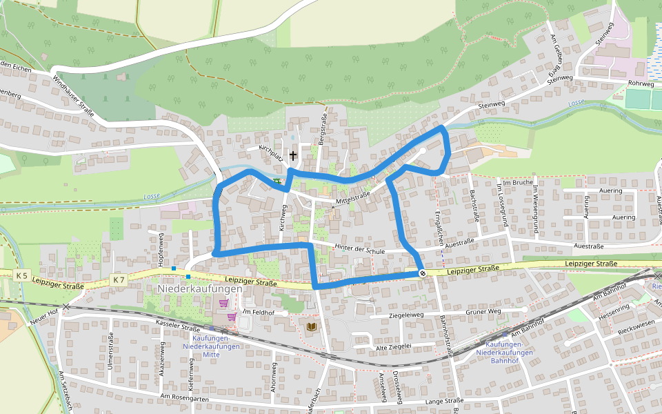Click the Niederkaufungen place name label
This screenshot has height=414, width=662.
(x=200, y=289)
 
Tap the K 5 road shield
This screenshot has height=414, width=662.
(x=21, y=276)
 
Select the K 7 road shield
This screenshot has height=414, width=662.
(x=119, y=279)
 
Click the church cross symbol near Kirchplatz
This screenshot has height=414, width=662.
(x=293, y=155)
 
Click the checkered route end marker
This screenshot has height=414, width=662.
(x=422, y=273)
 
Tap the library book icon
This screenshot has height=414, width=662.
(x=312, y=326)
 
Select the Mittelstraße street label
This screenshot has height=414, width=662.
(x=352, y=197)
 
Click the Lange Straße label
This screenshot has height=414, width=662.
(x=444, y=400)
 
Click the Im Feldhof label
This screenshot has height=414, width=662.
(x=257, y=313)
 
